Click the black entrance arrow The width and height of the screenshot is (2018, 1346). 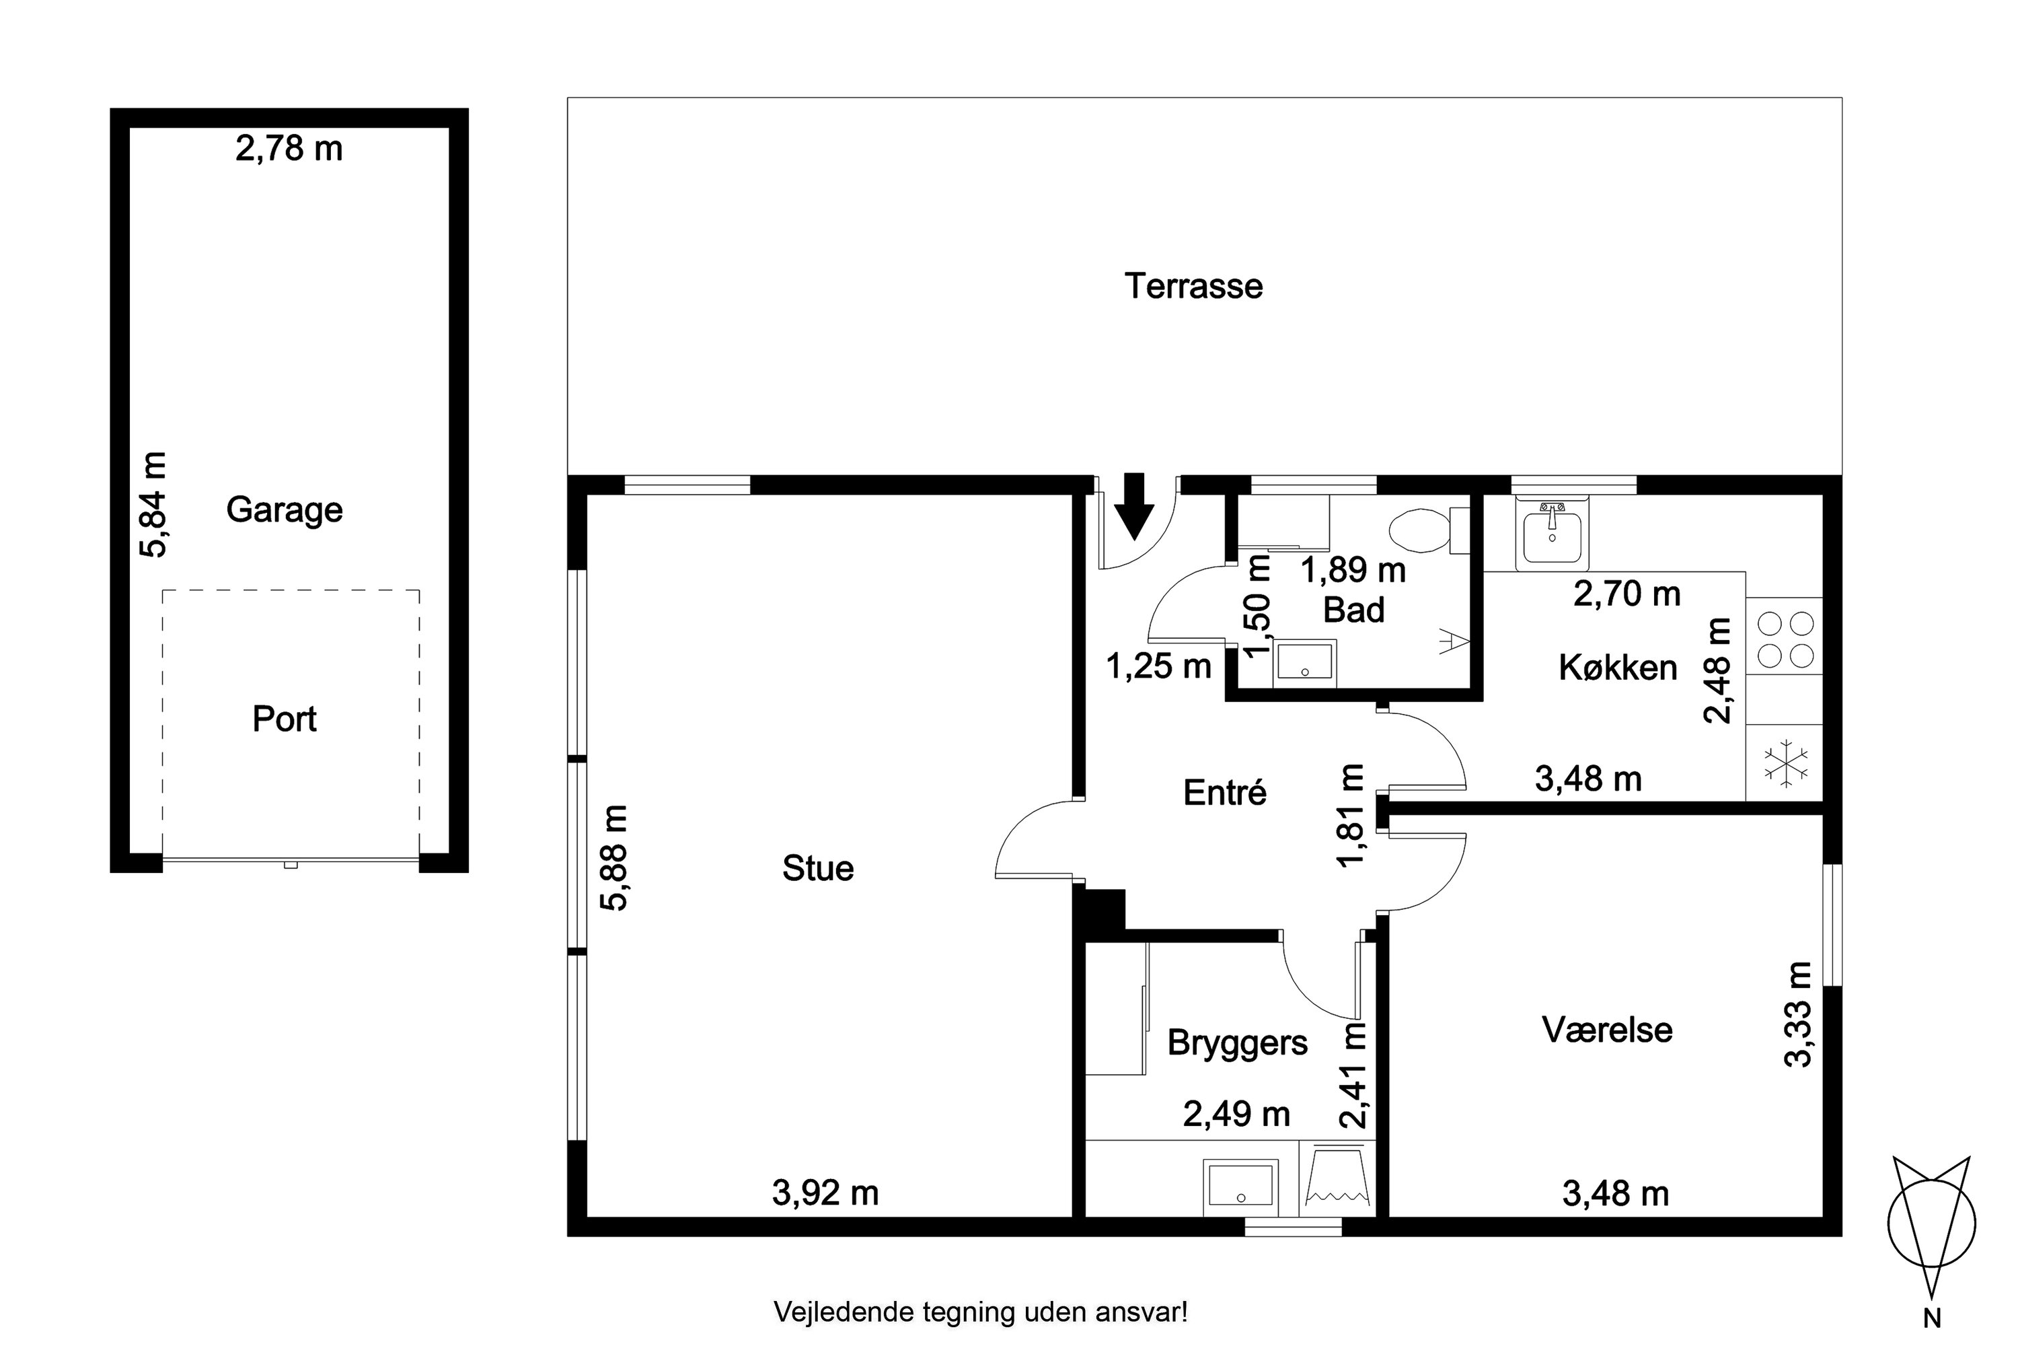tap(1134, 507)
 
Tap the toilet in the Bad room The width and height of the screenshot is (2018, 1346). tap(1429, 530)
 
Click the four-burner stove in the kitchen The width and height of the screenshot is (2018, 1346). tap(1785, 636)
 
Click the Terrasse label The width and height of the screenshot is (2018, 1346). tap(1193, 286)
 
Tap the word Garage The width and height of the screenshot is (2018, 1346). tap(285, 511)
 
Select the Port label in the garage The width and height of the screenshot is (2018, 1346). tap(284, 719)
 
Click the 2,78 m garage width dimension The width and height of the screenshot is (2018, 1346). tap(289, 149)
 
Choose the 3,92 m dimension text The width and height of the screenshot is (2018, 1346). tap(825, 1193)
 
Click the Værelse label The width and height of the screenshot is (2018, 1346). tap(1607, 1029)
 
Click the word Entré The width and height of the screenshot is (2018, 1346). tap(1224, 792)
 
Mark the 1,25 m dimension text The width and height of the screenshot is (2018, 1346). tap(1158, 666)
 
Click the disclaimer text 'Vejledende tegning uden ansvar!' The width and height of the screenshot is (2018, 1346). tap(981, 1312)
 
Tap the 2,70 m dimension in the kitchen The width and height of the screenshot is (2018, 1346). tap(1627, 593)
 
